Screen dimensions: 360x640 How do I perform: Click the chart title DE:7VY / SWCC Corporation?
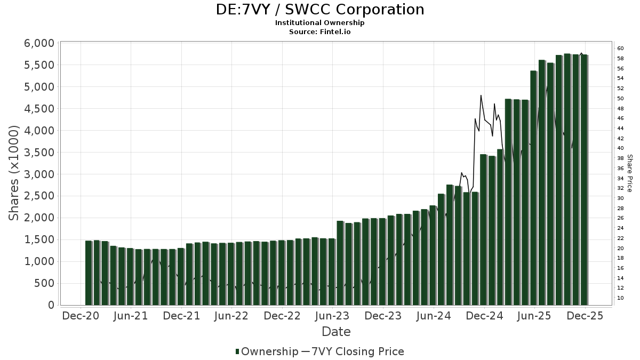pyautogui.click(x=320, y=10)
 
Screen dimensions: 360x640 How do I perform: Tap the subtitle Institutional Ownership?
pyautogui.click(x=320, y=23)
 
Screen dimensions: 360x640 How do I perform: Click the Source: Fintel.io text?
pyautogui.click(x=320, y=31)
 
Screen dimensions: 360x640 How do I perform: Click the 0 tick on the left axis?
pyautogui.click(x=51, y=305)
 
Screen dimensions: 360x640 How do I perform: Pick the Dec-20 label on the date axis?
pyautogui.click(x=81, y=316)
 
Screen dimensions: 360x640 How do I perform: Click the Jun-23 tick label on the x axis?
pyautogui.click(x=333, y=316)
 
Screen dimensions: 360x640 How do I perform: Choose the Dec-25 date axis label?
pyautogui.click(x=585, y=316)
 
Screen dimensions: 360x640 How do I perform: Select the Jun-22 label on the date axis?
pyautogui.click(x=232, y=316)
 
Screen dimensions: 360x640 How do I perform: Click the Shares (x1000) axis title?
pyautogui.click(x=14, y=173)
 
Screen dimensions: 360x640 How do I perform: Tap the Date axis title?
pyautogui.click(x=336, y=332)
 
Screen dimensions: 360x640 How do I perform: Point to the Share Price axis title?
pyautogui.click(x=630, y=173)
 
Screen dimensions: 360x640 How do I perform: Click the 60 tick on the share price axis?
pyautogui.click(x=620, y=49)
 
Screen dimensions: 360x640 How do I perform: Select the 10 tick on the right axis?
pyautogui.click(x=620, y=298)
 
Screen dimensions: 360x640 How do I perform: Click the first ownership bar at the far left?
pyautogui.click(x=89, y=273)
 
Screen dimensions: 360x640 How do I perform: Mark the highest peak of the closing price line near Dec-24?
pyautogui.click(x=481, y=95)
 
